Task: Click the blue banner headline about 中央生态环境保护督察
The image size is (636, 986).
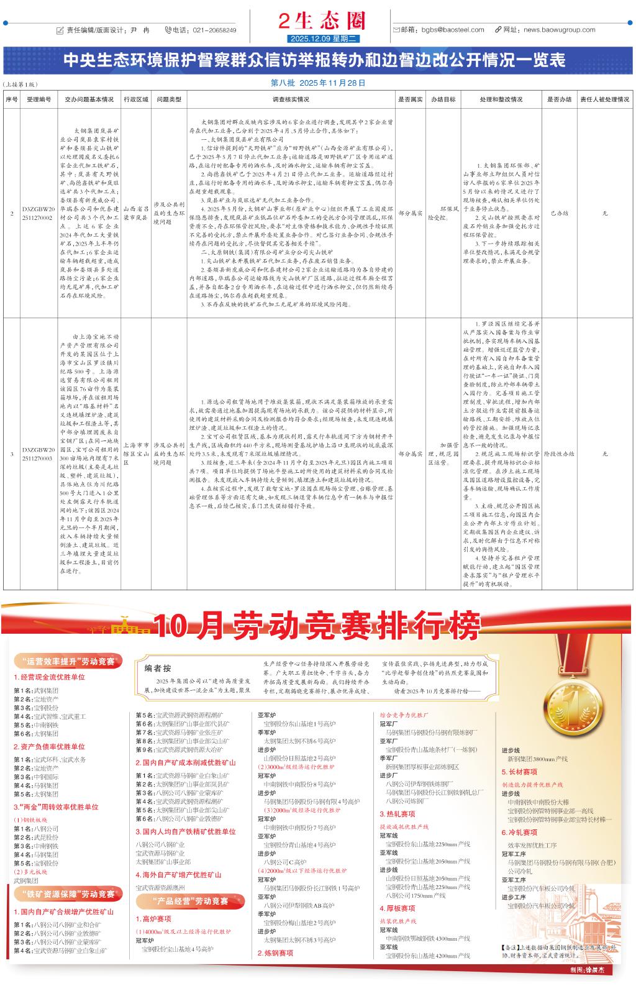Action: click(x=314, y=60)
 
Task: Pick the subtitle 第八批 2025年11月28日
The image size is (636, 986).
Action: click(x=318, y=83)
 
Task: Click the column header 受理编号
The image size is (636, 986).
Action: click(x=39, y=99)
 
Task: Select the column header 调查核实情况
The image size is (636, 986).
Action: click(x=291, y=99)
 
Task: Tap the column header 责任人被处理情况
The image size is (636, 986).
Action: click(x=604, y=99)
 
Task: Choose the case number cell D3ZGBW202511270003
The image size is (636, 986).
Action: click(x=39, y=453)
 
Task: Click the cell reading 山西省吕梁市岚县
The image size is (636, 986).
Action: click(x=136, y=213)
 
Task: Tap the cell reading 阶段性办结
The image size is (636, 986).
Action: click(x=559, y=454)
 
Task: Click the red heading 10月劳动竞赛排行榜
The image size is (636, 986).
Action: click(x=317, y=626)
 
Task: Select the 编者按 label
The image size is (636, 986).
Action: click(x=158, y=668)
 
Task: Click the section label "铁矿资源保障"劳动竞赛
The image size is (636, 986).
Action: click(x=67, y=894)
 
